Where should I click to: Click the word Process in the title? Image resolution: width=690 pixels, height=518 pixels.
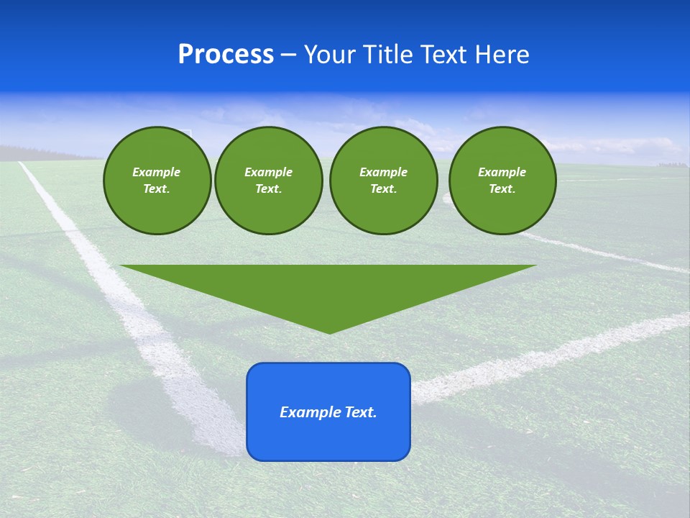coord(226,55)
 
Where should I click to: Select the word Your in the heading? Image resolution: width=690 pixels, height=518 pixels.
coord(330,55)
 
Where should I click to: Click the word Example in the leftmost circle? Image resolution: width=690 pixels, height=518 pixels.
coord(157,172)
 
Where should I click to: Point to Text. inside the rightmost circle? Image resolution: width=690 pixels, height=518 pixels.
coord(502,189)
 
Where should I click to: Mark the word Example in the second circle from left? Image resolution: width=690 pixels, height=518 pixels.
coord(268,172)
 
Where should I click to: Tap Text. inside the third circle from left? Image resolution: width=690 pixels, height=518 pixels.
coord(383,189)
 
